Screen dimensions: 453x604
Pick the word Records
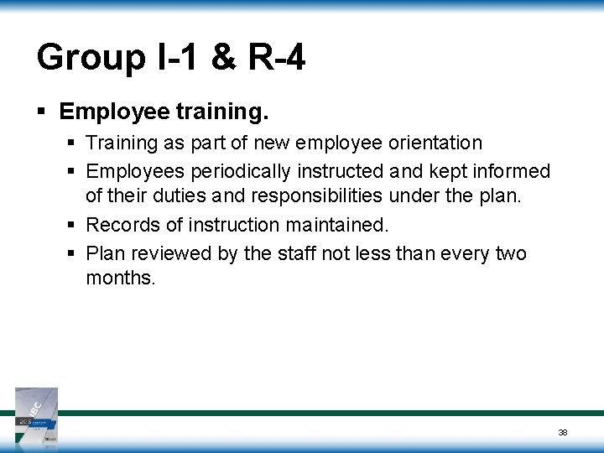tap(120, 225)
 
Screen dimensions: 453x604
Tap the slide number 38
tap(563, 431)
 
